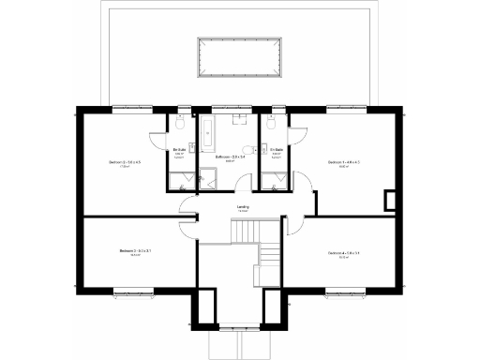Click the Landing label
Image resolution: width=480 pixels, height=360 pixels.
point(243,208)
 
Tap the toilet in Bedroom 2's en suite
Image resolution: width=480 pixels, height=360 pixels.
point(179,124)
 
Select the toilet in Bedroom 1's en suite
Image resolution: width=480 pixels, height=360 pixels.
point(270,124)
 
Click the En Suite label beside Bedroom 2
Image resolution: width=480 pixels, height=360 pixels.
point(179,151)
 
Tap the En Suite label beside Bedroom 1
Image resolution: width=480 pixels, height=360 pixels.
point(277,151)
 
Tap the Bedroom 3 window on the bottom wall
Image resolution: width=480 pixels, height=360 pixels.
point(131,293)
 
